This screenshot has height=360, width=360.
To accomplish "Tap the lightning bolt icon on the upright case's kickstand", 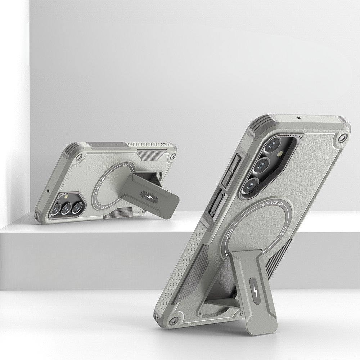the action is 255,291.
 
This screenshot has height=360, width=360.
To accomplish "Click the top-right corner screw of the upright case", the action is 342,138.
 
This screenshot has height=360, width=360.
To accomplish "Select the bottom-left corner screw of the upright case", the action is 174,320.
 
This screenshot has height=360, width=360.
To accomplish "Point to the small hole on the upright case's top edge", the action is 299,118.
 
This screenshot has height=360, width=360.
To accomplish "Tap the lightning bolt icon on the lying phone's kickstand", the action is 146,197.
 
